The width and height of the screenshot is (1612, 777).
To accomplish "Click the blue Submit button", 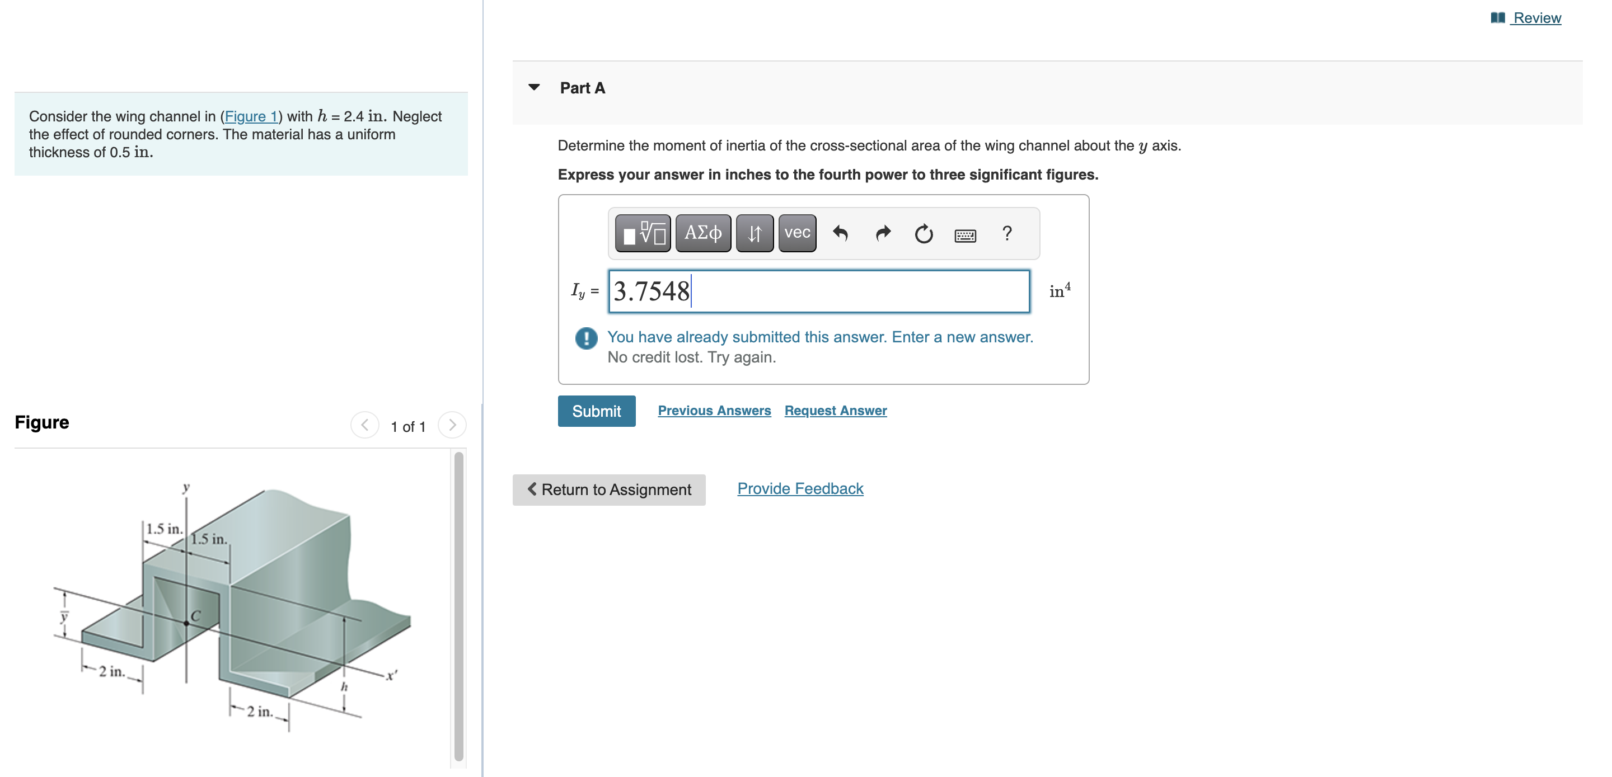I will point(596,411).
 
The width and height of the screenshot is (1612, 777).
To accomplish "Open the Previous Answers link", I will point(714,411).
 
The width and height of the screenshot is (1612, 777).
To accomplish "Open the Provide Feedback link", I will point(800,488).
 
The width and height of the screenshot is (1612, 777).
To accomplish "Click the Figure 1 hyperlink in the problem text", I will point(250,116).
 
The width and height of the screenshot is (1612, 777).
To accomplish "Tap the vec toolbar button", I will point(796,233).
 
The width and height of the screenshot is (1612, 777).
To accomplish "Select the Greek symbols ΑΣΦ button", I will point(703,233).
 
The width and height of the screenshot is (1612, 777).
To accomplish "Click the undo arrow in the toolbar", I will point(840,233).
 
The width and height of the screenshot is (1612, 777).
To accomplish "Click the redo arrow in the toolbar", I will point(882,233).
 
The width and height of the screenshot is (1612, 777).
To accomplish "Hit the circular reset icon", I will point(923,234).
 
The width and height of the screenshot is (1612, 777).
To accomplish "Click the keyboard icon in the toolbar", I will point(964,236).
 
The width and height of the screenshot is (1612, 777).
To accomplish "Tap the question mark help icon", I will point(1006,233).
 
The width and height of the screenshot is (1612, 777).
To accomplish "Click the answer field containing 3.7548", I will point(818,291).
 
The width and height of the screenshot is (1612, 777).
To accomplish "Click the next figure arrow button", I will point(452,425).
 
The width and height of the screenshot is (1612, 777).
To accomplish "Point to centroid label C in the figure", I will point(195,615).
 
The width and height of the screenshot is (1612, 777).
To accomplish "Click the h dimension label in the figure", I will point(344,687).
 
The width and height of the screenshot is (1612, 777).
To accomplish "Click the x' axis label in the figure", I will point(391,675).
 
